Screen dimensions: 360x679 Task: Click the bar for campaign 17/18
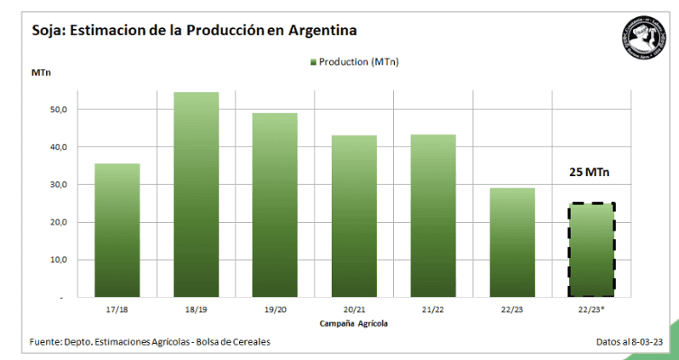tap(117, 230)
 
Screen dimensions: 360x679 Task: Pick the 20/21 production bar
tap(354, 216)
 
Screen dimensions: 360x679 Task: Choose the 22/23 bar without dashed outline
tap(512, 243)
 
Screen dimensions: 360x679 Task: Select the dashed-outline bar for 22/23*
tap(591, 249)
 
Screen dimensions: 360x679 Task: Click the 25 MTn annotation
tap(591, 173)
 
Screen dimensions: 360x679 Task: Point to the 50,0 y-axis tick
tap(57, 110)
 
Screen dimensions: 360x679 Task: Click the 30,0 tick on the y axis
tap(57, 185)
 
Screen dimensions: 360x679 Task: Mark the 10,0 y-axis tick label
tap(57, 260)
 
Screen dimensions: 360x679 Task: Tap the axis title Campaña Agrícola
tap(354, 323)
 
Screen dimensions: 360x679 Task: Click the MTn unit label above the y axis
tap(41, 72)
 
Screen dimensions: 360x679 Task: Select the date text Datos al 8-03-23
tap(634, 342)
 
